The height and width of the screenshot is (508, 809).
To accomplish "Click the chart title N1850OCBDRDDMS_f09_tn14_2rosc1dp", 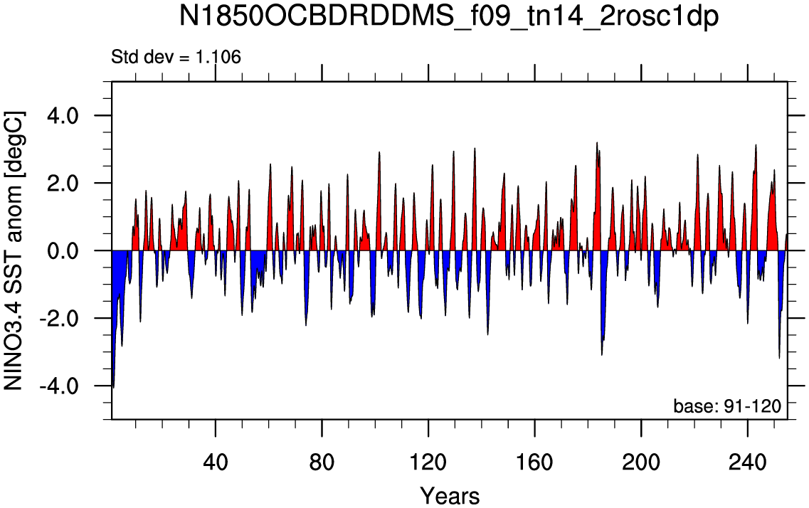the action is tap(448, 18).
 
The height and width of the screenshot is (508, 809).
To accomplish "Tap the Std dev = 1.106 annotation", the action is tap(176, 57).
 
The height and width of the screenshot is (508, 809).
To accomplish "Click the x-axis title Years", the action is tap(450, 496).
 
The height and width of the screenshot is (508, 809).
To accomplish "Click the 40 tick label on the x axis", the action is tap(216, 462).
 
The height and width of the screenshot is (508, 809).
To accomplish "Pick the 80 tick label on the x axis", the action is tap(322, 462).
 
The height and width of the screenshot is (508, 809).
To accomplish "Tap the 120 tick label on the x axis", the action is tap(428, 462).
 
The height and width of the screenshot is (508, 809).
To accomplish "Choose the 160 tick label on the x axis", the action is tap(534, 462).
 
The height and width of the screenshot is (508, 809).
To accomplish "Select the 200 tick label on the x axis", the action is tap(641, 462).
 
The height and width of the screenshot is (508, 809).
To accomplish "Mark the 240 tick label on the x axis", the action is tap(747, 462).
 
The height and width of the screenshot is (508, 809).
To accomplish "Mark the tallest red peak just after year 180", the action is tap(597, 143).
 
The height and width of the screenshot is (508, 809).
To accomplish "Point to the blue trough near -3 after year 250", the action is tap(779, 357).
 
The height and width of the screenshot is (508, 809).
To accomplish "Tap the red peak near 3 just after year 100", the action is tap(379, 152).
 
